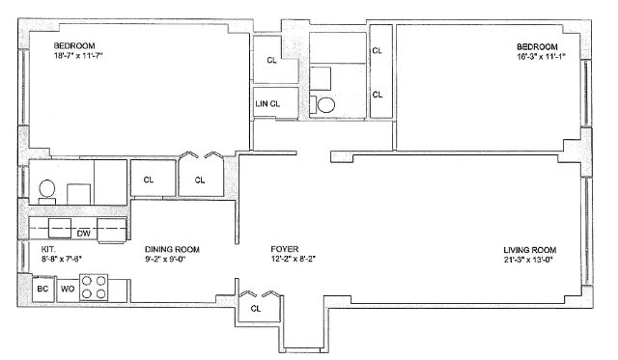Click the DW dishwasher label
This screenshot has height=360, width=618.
(84, 234)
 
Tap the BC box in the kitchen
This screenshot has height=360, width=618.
(42, 290)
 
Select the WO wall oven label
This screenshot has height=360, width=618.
(68, 290)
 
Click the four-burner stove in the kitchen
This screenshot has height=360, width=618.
(94, 288)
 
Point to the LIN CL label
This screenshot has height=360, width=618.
(267, 104)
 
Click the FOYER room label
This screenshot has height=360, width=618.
(285, 249)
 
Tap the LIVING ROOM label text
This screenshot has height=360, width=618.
(530, 250)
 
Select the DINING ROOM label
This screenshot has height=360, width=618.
(172, 249)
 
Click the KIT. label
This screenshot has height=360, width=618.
(48, 249)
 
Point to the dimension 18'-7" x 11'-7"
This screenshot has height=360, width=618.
(78, 56)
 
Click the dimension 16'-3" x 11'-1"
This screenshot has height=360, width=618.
(541, 57)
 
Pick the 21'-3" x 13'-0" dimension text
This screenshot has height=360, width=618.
(528, 260)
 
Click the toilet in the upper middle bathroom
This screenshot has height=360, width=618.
(323, 105)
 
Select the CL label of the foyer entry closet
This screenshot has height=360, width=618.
(256, 309)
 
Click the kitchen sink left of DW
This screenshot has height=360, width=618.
(60, 228)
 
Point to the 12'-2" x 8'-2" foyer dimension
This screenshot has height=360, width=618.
(294, 260)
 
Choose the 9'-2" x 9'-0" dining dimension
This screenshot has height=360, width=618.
(165, 260)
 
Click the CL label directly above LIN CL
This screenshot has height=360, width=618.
(272, 61)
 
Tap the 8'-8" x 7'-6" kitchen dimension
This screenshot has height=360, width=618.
(61, 260)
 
